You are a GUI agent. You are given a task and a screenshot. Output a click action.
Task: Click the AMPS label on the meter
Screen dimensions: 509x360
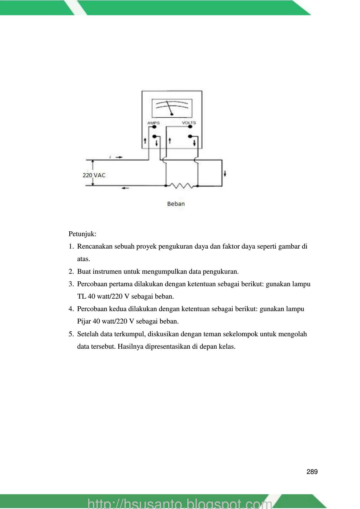(153, 123)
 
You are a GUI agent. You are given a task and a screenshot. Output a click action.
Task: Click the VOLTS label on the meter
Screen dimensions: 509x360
(189, 123)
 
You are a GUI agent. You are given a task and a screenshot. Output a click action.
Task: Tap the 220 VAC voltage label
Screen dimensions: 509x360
(94, 175)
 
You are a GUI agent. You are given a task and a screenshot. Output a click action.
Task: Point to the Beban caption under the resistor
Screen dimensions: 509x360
(176, 204)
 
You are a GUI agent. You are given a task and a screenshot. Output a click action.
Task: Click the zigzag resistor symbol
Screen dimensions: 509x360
(181, 186)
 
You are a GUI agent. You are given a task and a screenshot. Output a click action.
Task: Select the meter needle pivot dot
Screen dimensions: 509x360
(172, 114)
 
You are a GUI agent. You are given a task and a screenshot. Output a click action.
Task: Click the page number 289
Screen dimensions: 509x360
(312, 472)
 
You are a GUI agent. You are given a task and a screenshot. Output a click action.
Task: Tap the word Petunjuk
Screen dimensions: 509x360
(82, 234)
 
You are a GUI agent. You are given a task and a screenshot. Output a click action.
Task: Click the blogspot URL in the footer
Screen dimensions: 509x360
(180, 503)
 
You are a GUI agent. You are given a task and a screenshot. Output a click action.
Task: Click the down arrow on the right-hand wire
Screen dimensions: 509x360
(225, 173)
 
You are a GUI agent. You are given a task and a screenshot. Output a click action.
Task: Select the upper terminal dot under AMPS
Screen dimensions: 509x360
(154, 127)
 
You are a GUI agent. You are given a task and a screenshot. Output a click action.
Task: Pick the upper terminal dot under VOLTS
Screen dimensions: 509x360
(190, 127)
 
